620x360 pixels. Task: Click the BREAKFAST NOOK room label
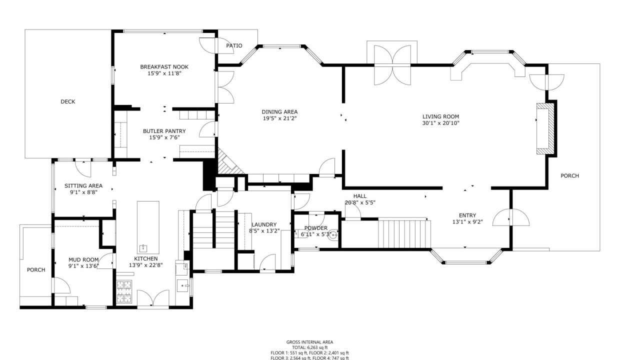(164, 66)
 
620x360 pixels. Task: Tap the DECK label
(68, 101)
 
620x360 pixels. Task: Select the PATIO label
(234, 45)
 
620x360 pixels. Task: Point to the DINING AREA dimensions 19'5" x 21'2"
(279, 118)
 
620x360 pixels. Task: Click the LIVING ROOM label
(440, 116)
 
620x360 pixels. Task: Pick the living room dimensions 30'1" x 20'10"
(440, 123)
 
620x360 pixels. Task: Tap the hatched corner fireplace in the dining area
(228, 162)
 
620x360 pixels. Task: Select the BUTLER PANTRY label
(164, 131)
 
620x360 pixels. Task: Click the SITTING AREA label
(83, 185)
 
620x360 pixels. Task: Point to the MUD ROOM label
(83, 259)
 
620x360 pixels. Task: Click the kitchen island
(148, 227)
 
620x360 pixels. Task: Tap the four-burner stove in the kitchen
(123, 291)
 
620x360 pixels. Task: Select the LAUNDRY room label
(264, 224)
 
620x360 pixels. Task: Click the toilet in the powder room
(334, 235)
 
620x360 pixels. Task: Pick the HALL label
(360, 196)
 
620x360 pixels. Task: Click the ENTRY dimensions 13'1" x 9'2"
(467, 221)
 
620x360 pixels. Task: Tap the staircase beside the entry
(404, 233)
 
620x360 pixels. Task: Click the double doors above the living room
(392, 65)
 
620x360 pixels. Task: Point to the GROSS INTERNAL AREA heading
(309, 342)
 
